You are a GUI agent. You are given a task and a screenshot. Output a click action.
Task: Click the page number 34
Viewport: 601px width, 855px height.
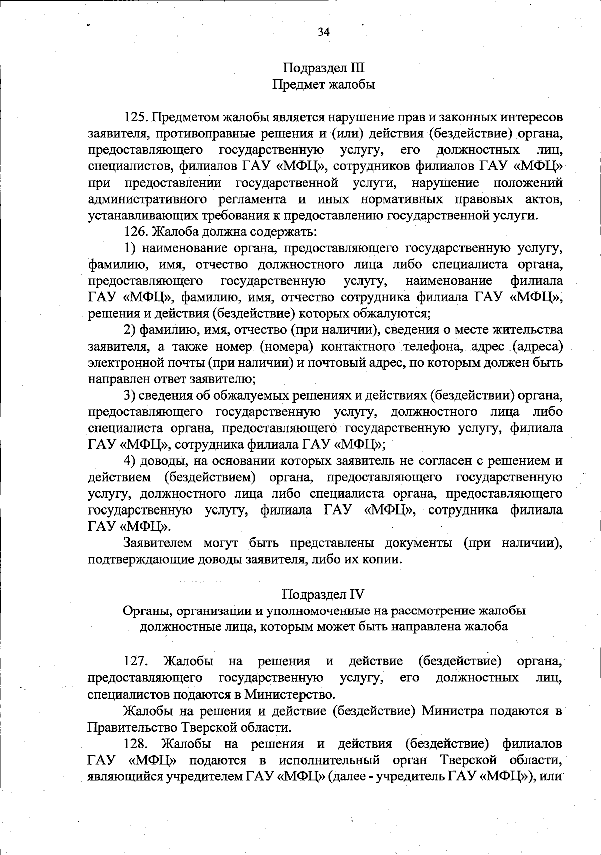click(323, 32)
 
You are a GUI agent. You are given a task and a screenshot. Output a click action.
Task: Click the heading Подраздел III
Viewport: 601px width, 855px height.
click(324, 68)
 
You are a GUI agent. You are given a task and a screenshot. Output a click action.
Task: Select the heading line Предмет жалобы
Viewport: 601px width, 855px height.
click(324, 85)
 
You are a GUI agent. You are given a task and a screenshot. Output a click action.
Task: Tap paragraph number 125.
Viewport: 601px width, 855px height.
click(135, 118)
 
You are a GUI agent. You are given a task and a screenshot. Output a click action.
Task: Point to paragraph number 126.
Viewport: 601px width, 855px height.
click(135, 232)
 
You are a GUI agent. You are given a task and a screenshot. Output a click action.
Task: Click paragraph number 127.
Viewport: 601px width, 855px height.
click(136, 661)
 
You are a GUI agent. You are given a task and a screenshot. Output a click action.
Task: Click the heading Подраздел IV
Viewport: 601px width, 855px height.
click(323, 594)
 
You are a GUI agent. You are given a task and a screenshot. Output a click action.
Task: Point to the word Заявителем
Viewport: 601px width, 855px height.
click(158, 543)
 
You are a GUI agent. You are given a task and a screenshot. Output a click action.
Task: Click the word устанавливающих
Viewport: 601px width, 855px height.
click(137, 216)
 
